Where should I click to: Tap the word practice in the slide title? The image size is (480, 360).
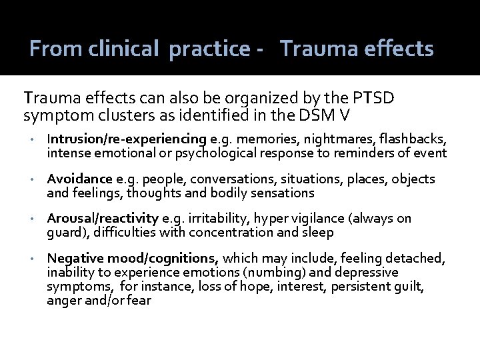tap(207, 49)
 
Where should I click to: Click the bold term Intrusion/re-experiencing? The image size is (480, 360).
tap(127, 139)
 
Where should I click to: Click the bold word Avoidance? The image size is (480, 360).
tap(79, 179)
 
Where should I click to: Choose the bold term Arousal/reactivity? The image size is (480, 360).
tap(103, 219)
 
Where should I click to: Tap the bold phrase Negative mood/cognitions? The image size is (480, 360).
tap(133, 258)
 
